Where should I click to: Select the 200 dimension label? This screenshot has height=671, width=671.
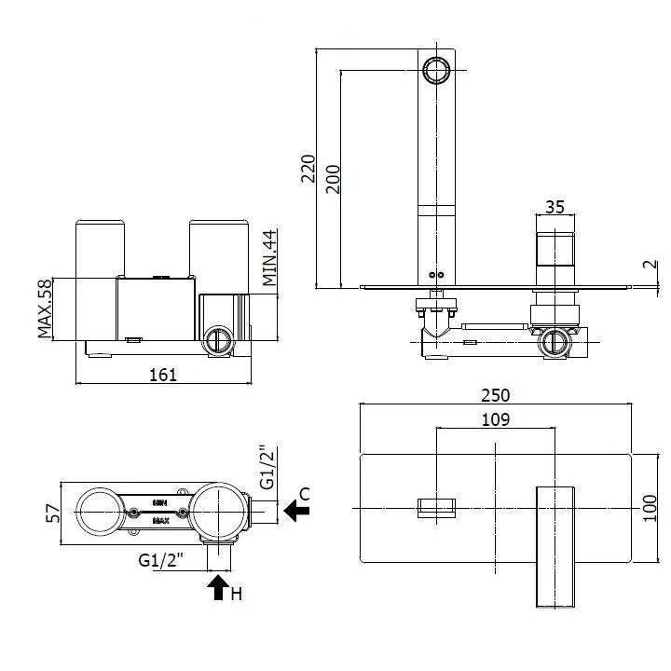click(333, 177)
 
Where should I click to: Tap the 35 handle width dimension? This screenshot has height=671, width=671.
click(555, 207)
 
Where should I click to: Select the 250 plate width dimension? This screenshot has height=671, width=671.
click(496, 396)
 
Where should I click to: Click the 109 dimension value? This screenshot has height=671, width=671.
click(496, 419)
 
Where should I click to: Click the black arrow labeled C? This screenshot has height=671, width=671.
click(297, 510)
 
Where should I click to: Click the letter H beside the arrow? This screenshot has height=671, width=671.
click(237, 594)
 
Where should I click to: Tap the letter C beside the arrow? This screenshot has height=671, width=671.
click(304, 492)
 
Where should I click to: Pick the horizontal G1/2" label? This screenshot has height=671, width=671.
click(159, 560)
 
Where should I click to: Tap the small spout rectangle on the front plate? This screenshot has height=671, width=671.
click(438, 507)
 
